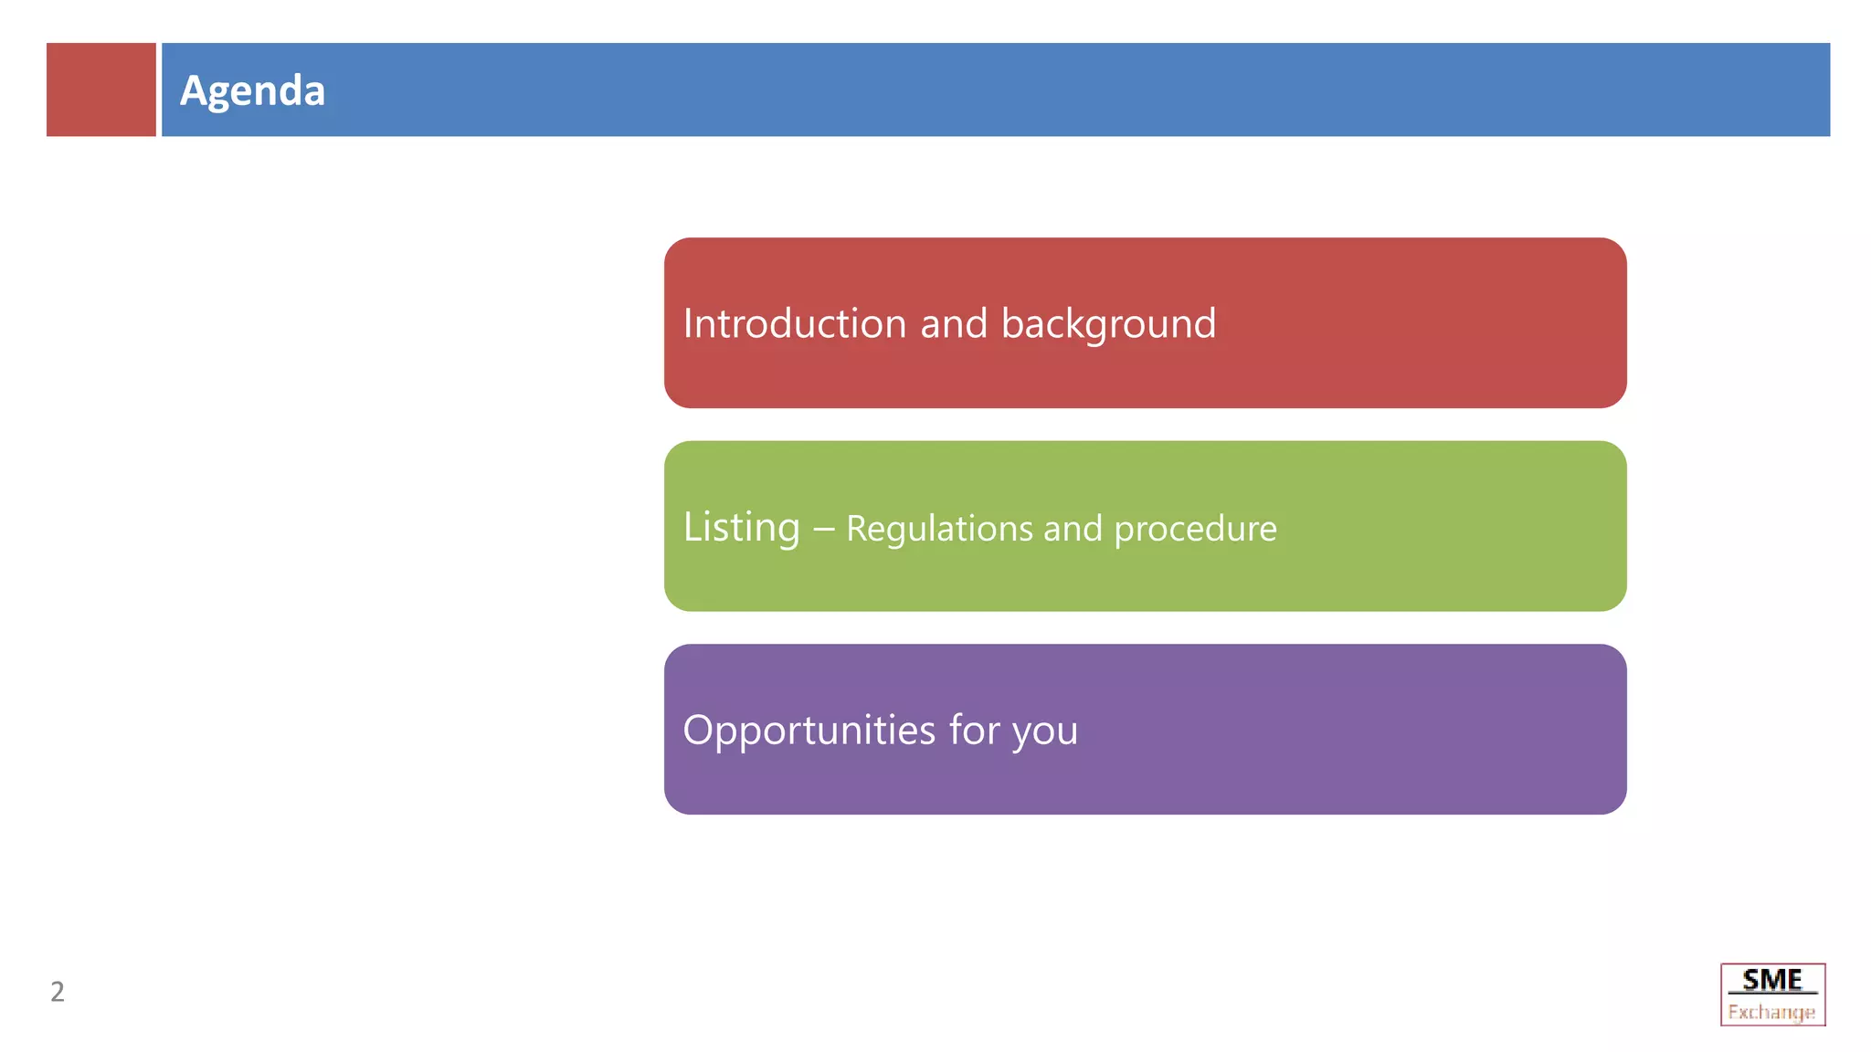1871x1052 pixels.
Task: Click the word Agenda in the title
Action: pos(252,90)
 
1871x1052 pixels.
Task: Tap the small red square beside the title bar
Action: pos(100,89)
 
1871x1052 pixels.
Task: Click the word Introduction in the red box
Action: pos(794,324)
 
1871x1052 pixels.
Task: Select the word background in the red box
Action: pos(1108,324)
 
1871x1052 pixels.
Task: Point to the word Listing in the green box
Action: pos(741,528)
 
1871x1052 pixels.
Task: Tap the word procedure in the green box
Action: pos(1195,530)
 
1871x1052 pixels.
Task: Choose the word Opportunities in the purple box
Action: pos(809,731)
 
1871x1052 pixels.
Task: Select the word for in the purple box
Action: pos(974,730)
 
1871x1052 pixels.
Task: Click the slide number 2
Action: pos(58,992)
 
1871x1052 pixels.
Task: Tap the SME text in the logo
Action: pos(1772,980)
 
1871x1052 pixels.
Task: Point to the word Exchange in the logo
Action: pos(1771,1012)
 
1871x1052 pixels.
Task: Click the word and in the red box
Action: pos(953,324)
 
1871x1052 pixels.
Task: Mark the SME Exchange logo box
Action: pos(1772,994)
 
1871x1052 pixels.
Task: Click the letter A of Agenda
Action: pos(193,90)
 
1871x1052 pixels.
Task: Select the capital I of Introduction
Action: pos(688,324)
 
